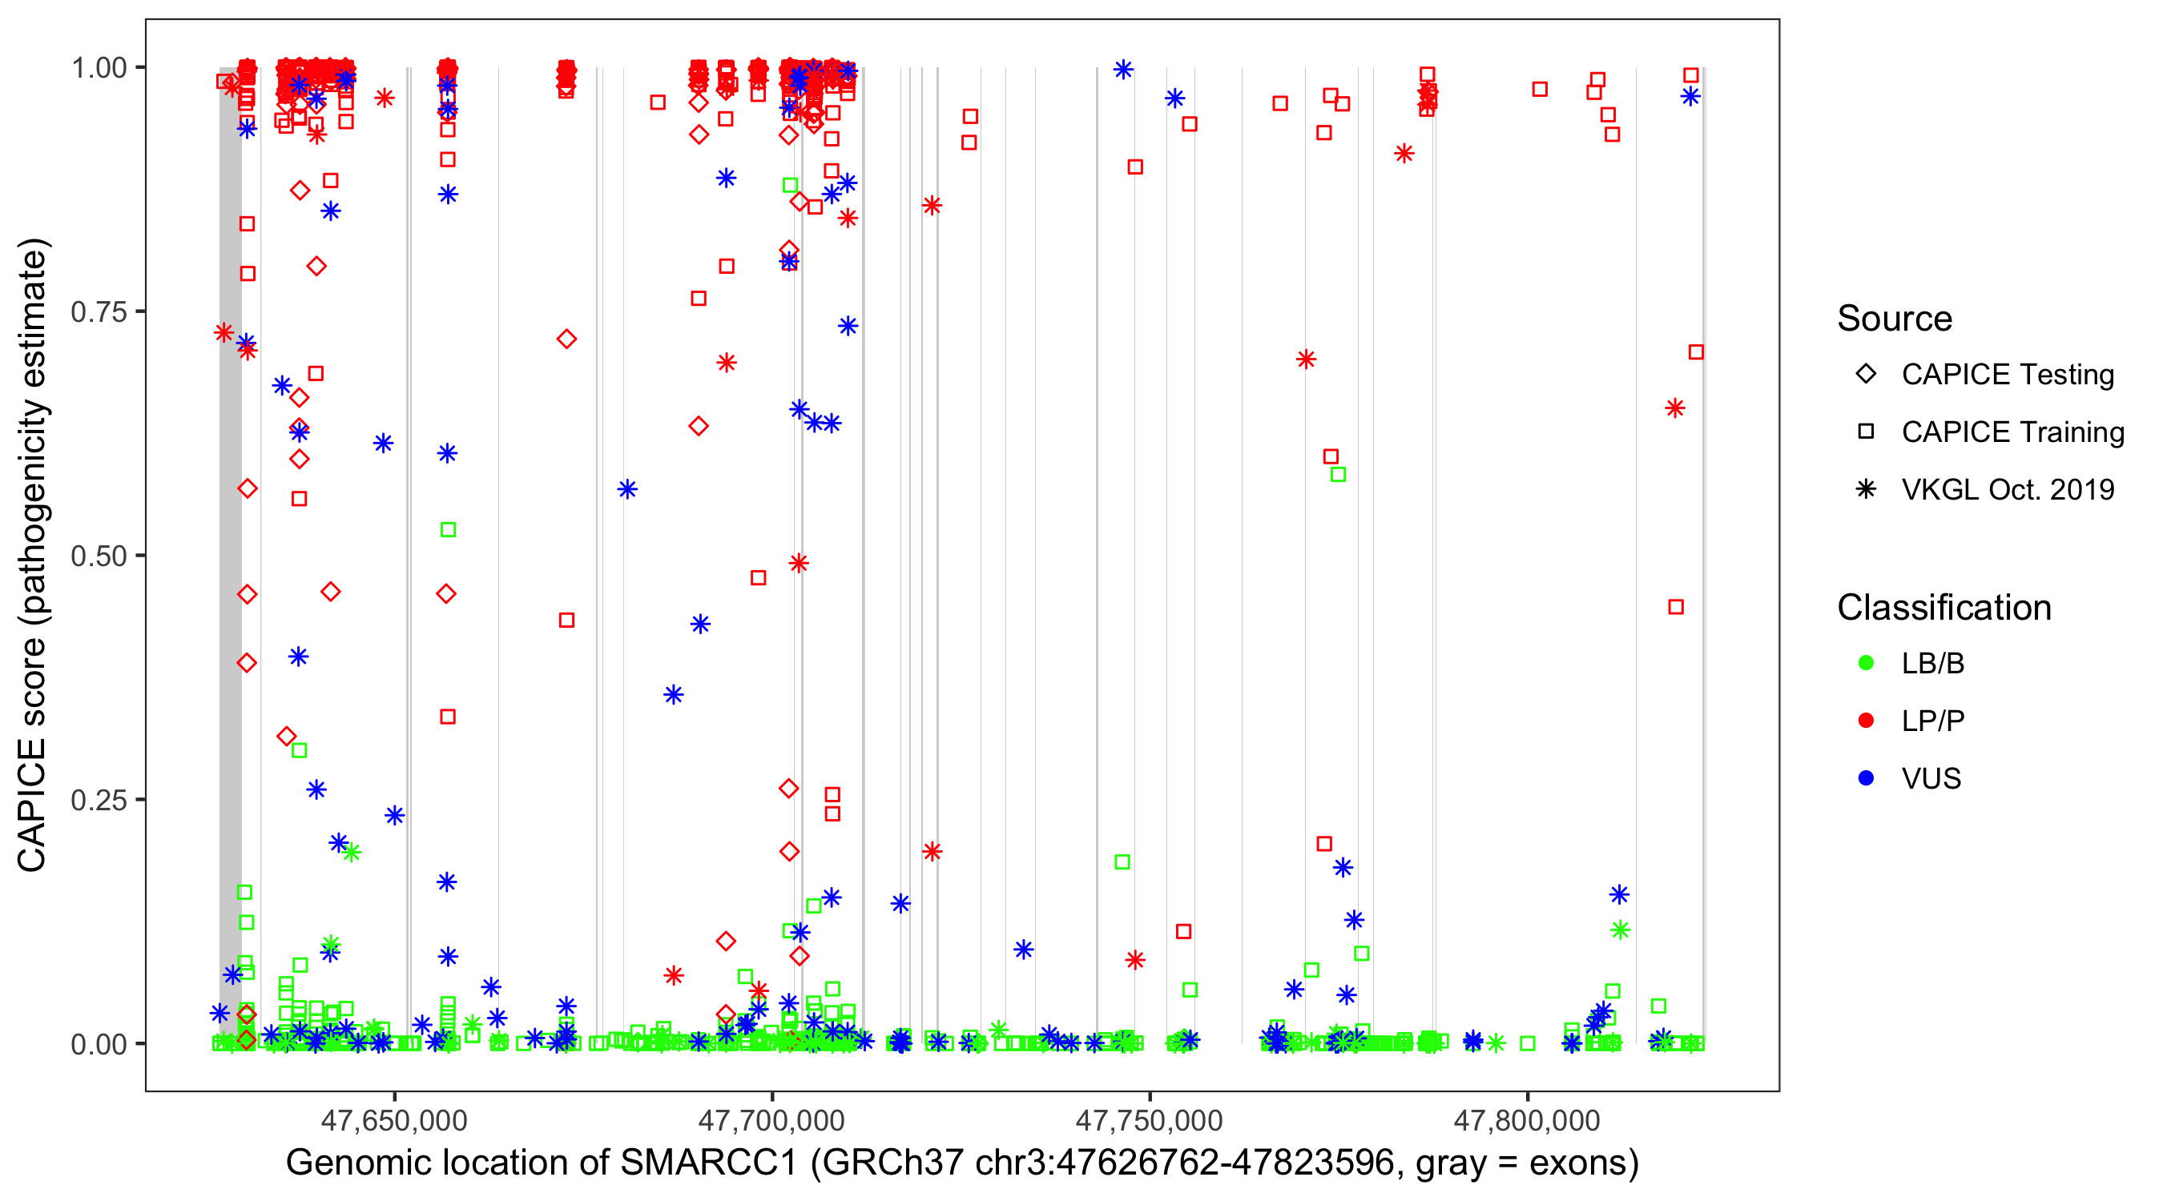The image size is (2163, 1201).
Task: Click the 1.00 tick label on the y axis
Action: click(99, 68)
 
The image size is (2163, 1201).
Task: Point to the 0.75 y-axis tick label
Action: click(99, 312)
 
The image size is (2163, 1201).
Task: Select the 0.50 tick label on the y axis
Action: click(99, 556)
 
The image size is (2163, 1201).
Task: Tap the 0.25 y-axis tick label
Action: click(99, 800)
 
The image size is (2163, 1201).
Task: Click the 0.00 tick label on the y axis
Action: click(99, 1044)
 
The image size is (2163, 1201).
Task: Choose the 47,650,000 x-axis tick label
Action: click(394, 1120)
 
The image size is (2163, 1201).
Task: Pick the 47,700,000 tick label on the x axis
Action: click(771, 1120)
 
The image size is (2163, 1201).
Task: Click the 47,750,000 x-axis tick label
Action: click(1149, 1120)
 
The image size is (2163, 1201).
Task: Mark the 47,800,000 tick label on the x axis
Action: click(1527, 1120)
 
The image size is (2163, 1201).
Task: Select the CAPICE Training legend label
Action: click(2012, 432)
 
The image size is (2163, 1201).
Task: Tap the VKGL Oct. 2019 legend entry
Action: click(2008, 490)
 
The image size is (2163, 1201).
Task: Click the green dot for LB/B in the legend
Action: click(1866, 663)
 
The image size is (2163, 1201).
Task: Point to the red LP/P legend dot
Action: click(1866, 721)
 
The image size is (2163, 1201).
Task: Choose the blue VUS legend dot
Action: click(1866, 779)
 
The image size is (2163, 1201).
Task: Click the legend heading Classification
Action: click(1943, 608)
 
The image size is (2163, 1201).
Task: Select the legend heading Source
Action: click(1895, 319)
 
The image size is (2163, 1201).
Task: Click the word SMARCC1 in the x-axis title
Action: click(708, 1163)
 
